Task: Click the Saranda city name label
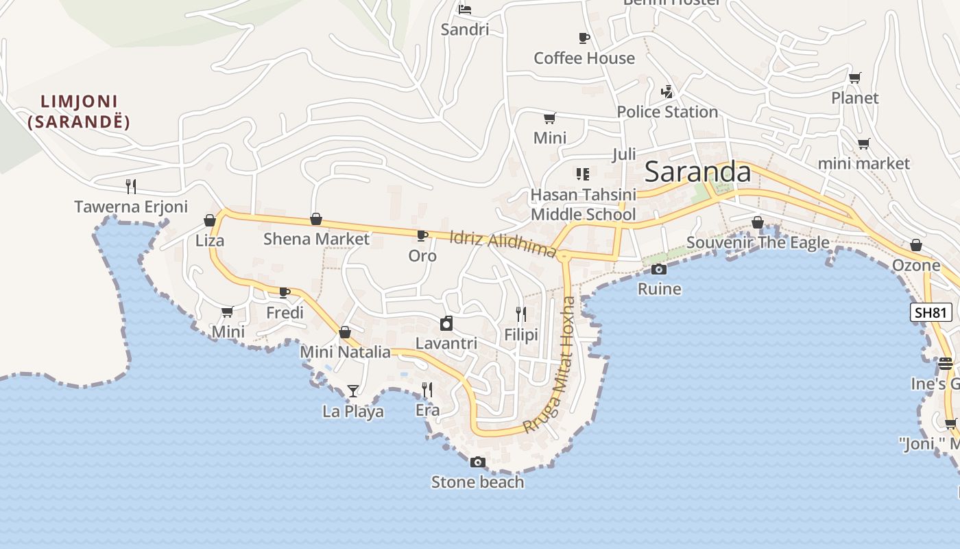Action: click(x=697, y=172)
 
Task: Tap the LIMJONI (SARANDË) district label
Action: click(x=80, y=112)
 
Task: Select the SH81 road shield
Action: click(x=931, y=312)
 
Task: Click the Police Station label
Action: click(x=667, y=112)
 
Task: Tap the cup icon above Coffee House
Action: click(x=584, y=38)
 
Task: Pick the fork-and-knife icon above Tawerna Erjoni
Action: click(x=131, y=186)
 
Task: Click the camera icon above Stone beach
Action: click(x=478, y=463)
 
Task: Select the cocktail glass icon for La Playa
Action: click(x=353, y=391)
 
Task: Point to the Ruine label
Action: click(x=659, y=289)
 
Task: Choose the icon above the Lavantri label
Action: click(x=446, y=323)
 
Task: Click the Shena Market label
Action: click(x=316, y=239)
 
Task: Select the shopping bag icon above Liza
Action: click(x=210, y=220)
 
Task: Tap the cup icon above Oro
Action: click(x=422, y=235)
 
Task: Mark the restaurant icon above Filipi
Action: click(x=521, y=314)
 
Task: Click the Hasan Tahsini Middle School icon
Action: click(x=583, y=174)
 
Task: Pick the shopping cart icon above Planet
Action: click(x=854, y=78)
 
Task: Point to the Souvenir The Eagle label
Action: click(x=757, y=242)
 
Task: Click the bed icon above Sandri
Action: click(x=465, y=10)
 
